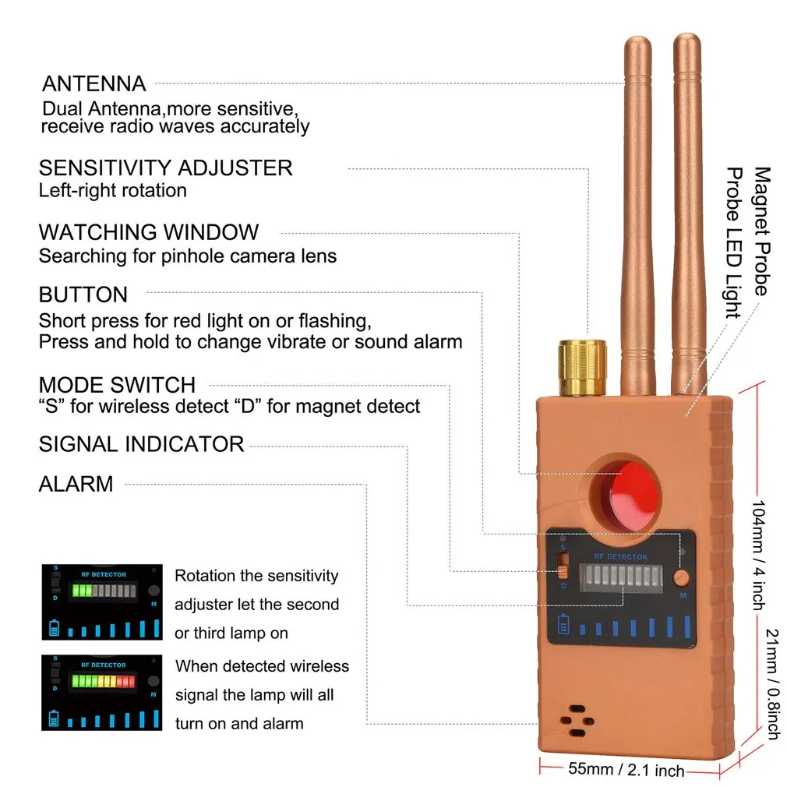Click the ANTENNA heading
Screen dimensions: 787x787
(x=94, y=83)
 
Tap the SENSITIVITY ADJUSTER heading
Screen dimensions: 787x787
(x=165, y=168)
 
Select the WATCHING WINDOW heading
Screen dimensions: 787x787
(x=148, y=232)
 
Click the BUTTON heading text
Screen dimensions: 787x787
(x=83, y=295)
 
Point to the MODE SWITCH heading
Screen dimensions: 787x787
(x=117, y=385)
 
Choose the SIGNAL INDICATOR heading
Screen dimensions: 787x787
(x=141, y=444)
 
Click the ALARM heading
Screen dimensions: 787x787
(x=76, y=484)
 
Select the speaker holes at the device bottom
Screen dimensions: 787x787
(x=577, y=721)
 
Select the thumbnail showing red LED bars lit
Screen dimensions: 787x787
(x=101, y=692)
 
